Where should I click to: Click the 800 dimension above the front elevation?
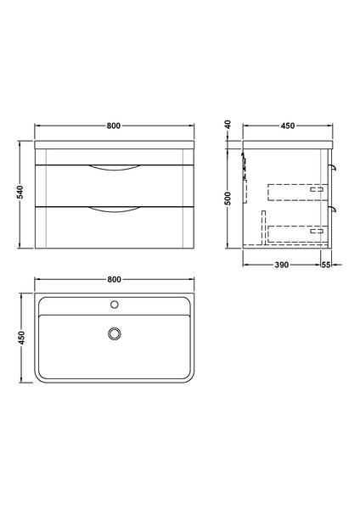tap(115, 126)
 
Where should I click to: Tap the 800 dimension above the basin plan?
tap(115, 280)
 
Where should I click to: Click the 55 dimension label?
tap(325, 266)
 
